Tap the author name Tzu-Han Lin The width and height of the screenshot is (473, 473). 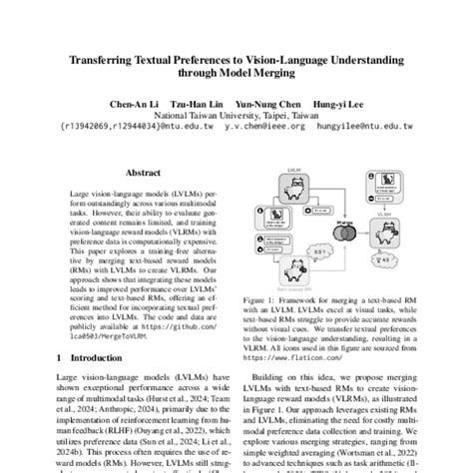click(195, 103)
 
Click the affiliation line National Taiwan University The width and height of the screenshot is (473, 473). click(236, 115)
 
